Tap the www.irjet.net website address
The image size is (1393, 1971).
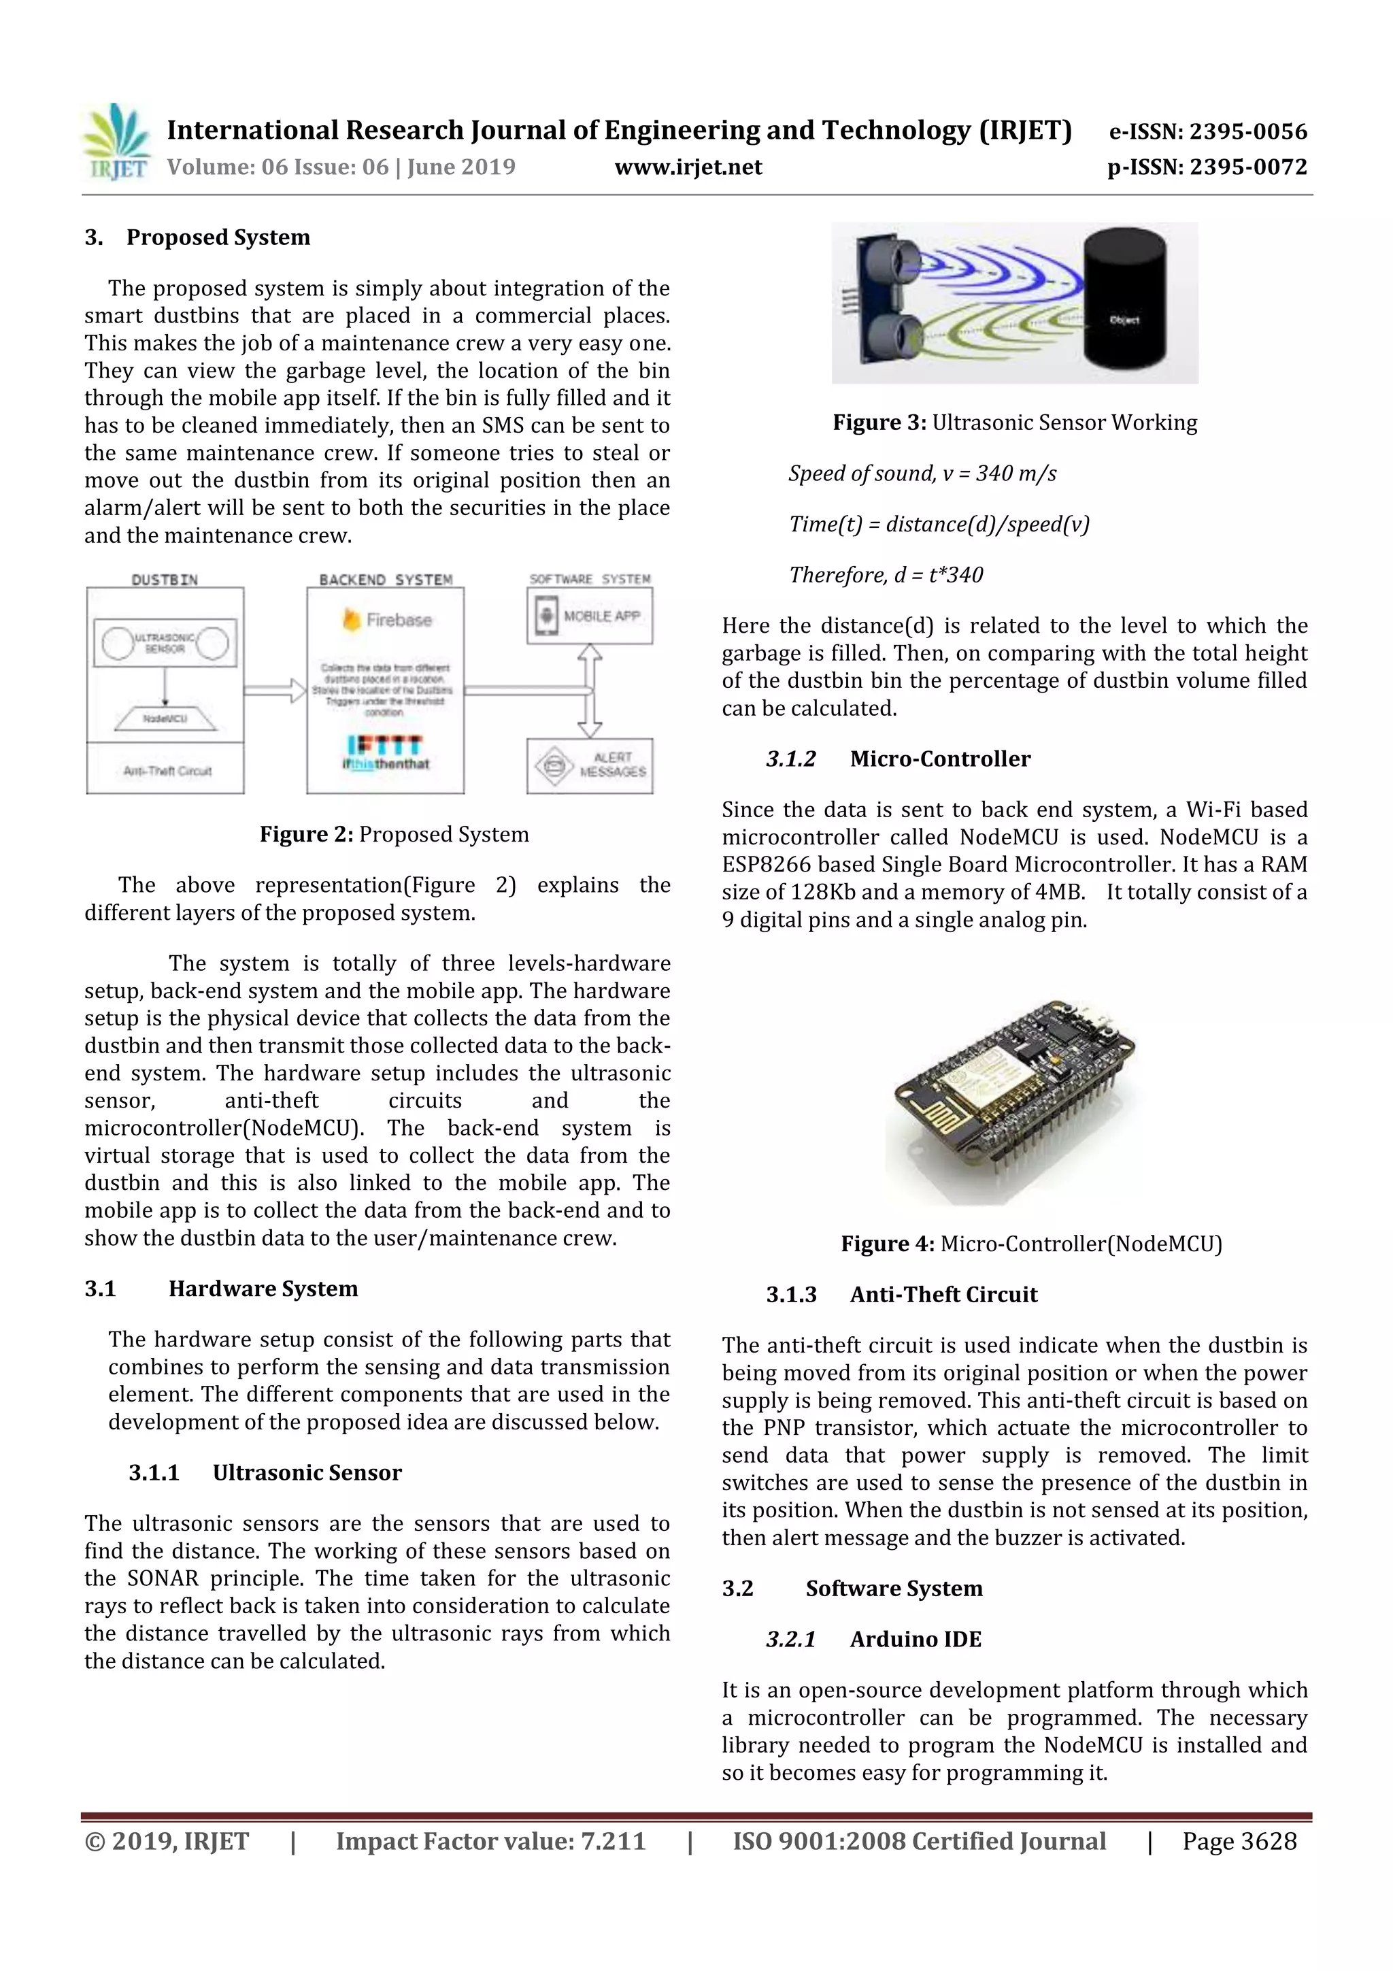[x=688, y=167]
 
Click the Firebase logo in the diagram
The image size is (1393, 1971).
[x=387, y=620]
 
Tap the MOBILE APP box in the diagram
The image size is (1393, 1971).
[x=590, y=616]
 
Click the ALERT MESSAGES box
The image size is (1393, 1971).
[x=590, y=765]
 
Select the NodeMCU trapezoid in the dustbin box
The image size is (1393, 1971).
[x=166, y=718]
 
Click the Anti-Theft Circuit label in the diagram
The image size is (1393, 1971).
[x=167, y=771]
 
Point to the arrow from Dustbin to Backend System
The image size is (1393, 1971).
[x=275, y=690]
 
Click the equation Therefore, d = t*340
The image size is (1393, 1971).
[x=886, y=575]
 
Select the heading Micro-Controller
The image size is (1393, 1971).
[x=940, y=759]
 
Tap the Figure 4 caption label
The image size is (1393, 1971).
[x=888, y=1244]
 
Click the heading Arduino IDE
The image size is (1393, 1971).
[x=915, y=1639]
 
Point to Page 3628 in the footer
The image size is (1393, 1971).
[x=1239, y=1840]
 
